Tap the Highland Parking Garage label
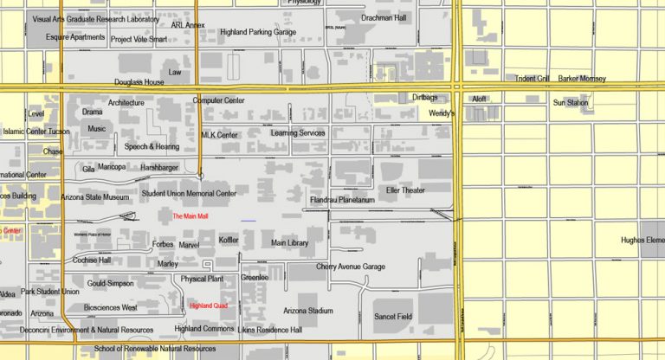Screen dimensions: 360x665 pos(258,32)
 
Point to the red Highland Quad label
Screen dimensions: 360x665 pos(208,305)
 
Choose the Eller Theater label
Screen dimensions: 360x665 pos(405,190)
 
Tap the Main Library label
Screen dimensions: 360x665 pos(289,243)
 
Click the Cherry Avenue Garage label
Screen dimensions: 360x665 pos(350,267)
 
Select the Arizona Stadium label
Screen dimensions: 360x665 pos(307,310)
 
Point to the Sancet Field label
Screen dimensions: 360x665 pos(392,317)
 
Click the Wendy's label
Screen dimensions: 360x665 pos(442,113)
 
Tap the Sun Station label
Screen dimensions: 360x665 pos(571,103)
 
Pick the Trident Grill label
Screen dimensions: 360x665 pos(533,79)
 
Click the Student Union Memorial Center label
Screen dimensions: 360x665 pos(189,194)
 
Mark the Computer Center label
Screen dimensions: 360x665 pos(219,100)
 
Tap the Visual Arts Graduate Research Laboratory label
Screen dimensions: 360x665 pos(95,19)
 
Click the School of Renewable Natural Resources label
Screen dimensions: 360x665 pos(154,349)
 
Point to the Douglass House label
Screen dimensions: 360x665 pos(139,82)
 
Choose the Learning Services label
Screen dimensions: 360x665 pos(298,133)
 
